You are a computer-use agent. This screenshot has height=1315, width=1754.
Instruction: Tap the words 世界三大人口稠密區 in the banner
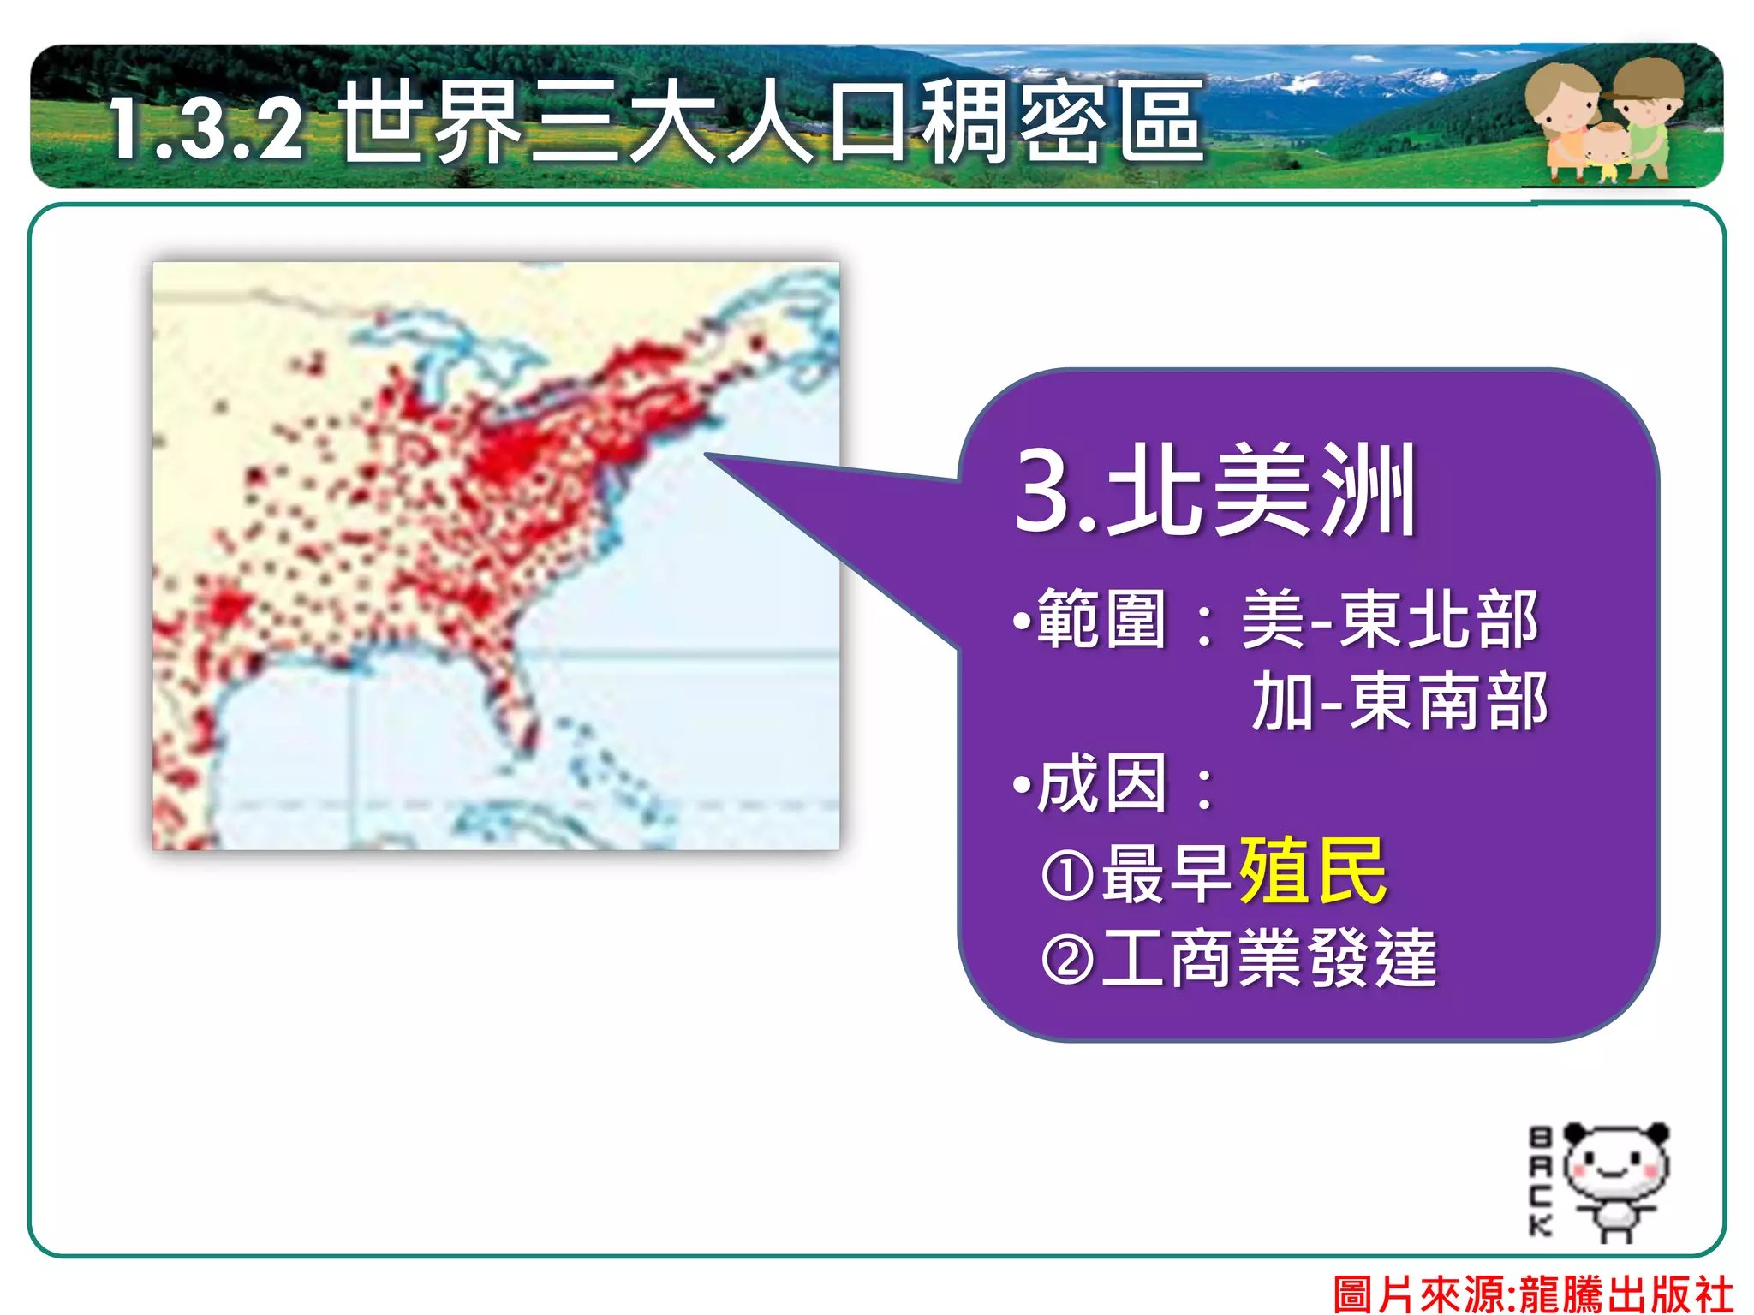(771, 122)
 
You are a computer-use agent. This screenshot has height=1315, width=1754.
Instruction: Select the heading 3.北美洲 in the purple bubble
(1214, 491)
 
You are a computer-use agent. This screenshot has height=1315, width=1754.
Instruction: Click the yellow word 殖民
(1313, 871)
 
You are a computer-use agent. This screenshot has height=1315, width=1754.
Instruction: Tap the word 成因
(1101, 784)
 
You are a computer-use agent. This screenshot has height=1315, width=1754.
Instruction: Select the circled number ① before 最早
(1067, 875)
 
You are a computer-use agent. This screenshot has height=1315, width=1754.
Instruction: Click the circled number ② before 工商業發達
(1067, 960)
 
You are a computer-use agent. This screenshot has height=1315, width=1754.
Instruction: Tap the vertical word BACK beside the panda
(1540, 1181)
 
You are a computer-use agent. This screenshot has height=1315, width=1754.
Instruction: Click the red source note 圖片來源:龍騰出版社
(1533, 1293)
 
